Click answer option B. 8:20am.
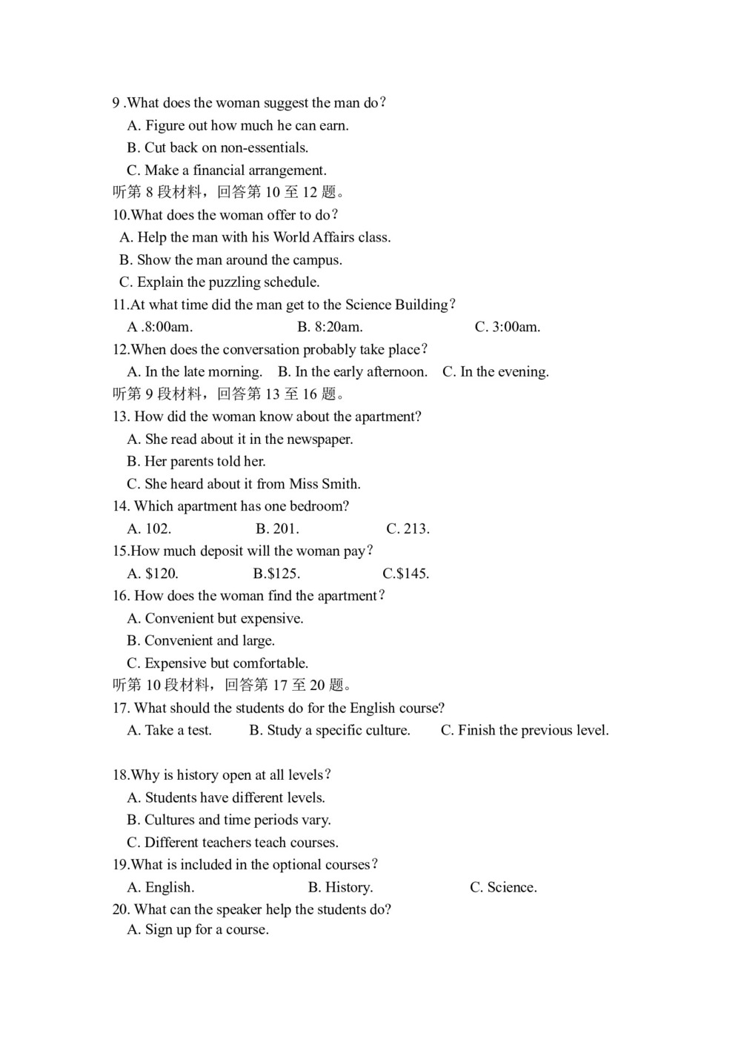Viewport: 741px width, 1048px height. [330, 327]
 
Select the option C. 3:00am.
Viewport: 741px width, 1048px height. [507, 327]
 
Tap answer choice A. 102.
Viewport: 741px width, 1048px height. [149, 528]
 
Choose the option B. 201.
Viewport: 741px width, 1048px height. [277, 528]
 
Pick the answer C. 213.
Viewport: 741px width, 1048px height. [408, 528]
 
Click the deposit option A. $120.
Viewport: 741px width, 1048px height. [153, 574]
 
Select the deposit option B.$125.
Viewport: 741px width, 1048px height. [276, 574]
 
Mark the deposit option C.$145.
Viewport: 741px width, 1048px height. [406, 574]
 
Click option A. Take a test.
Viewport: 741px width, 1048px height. [170, 731]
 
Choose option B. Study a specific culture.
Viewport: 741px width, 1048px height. [330, 731]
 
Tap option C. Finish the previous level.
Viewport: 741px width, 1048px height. [525, 731]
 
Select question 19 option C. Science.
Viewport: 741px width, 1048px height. [503, 887]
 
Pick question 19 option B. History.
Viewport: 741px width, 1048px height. [340, 887]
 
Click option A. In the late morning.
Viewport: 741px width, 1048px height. [195, 372]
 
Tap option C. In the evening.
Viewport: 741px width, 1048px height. [496, 372]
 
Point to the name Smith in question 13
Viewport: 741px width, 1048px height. [341, 484]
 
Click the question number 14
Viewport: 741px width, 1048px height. [121, 506]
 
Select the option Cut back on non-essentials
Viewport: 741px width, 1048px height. [218, 148]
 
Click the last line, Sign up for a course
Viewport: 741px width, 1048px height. [198, 930]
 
